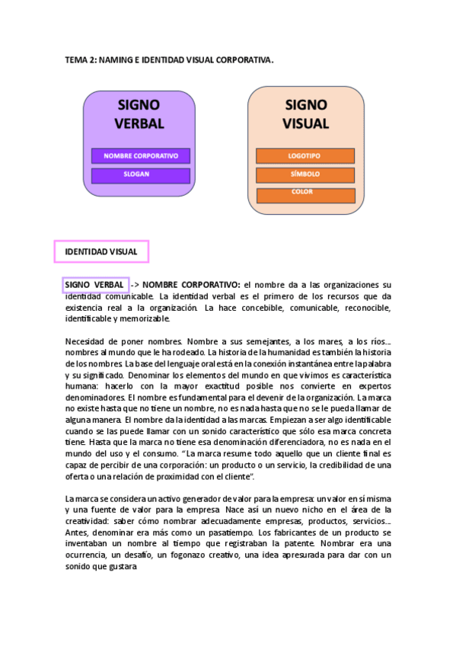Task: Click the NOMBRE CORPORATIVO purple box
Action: pyautogui.click(x=141, y=156)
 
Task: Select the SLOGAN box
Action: pyautogui.click(x=141, y=174)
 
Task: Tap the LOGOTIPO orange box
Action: pyautogui.click(x=305, y=156)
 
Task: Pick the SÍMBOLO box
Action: pyautogui.click(x=305, y=174)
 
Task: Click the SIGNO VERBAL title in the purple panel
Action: pyautogui.click(x=139, y=114)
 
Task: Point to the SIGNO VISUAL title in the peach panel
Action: pyautogui.click(x=305, y=114)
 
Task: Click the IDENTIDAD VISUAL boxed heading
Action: pyautogui.click(x=101, y=251)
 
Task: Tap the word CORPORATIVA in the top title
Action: pyautogui.click(x=245, y=59)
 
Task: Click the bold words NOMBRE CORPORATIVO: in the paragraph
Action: pyautogui.click(x=192, y=285)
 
